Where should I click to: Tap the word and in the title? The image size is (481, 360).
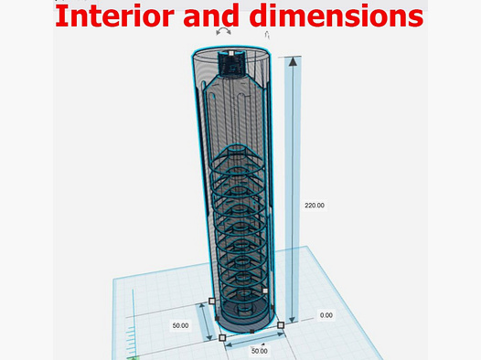[211, 16]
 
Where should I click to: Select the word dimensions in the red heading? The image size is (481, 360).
[336, 16]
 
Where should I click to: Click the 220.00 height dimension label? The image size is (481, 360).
[315, 206]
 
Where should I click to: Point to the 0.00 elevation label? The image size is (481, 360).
[326, 315]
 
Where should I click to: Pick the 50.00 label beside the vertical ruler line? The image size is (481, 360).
[180, 325]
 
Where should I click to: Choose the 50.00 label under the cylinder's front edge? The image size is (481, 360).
[259, 351]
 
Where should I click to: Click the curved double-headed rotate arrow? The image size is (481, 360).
[223, 31]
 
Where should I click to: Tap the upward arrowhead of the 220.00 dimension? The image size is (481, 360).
[293, 61]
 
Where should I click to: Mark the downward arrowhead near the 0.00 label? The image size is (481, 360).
[293, 319]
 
